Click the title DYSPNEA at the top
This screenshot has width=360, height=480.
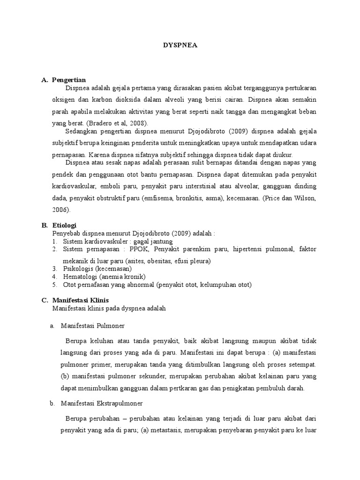180,46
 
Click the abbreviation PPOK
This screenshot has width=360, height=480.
140,248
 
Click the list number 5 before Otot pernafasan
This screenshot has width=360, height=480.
54,285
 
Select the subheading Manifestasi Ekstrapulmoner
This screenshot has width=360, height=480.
103,403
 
